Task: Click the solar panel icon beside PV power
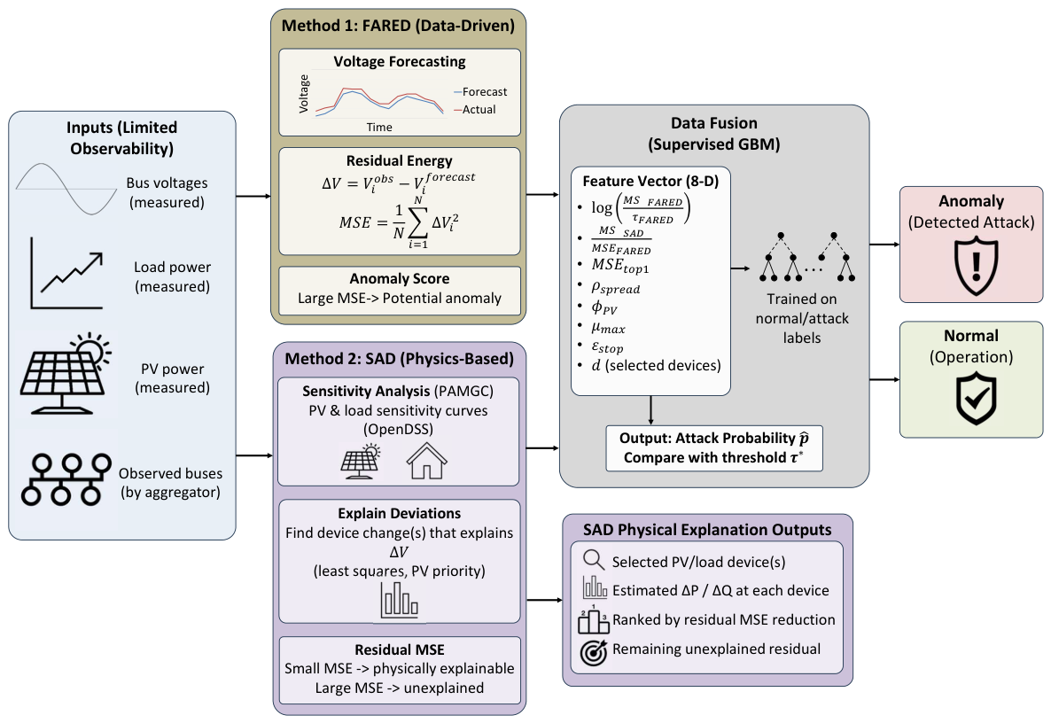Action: [x=66, y=373]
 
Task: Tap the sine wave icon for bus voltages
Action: [x=66, y=189]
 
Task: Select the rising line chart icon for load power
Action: [x=66, y=273]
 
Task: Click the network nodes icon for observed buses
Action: [x=66, y=479]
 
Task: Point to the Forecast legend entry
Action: [x=480, y=92]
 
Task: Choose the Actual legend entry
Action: [x=475, y=109]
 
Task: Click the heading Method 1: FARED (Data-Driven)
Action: [x=398, y=26]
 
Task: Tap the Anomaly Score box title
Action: [x=400, y=279]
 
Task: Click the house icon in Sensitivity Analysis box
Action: [x=427, y=461]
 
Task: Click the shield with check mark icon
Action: [x=976, y=400]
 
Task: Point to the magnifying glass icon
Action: [x=594, y=560]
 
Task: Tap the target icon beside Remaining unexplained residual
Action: [x=593, y=652]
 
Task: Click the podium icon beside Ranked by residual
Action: [x=593, y=619]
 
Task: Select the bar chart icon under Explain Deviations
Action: [x=400, y=599]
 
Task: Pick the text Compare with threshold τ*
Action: [x=714, y=457]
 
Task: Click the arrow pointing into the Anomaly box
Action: [x=884, y=245]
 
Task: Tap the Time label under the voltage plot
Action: [x=379, y=128]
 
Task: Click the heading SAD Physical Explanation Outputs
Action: [x=707, y=529]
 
